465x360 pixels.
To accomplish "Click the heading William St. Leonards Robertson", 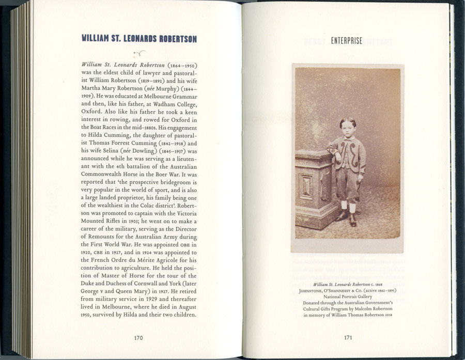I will tap(139, 39).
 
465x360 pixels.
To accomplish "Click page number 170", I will tap(138, 338).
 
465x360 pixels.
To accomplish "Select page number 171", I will tap(348, 338).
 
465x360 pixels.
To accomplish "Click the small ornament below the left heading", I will tap(139, 53).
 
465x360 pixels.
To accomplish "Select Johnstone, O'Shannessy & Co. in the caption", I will tap(327, 290).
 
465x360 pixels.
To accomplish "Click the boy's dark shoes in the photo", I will tap(348, 219).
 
